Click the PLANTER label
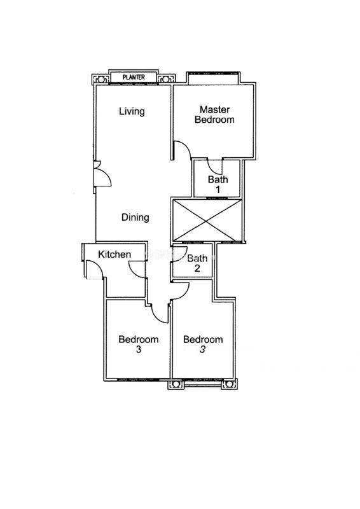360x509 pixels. pos(134,77)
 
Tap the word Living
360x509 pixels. pos(132,111)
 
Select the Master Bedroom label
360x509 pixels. pos(214,115)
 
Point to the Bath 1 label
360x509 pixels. pos(218,184)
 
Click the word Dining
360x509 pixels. pos(135,217)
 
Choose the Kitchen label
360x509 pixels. pos(114,254)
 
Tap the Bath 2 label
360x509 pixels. pos(197,263)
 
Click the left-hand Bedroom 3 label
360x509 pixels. pos(139,344)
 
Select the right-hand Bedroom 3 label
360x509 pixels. pos(203,344)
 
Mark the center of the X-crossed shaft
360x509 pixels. pos(207,220)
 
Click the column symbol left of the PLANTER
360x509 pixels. pos(100,79)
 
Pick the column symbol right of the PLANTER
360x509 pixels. pos(165,79)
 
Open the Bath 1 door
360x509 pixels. pos(214,167)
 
